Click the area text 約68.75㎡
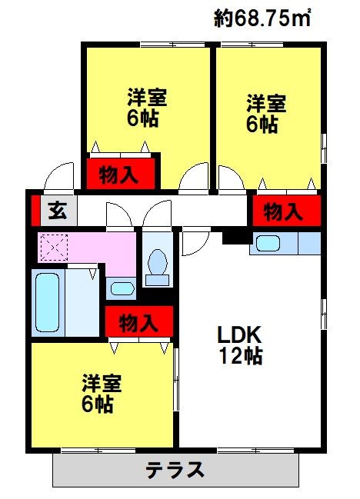(262, 17)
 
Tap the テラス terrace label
(175, 469)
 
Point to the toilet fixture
(158, 265)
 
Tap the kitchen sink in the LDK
(268, 245)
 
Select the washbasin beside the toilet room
(120, 289)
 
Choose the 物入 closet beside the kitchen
(282, 211)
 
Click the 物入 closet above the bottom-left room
(138, 322)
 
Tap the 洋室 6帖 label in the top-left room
(147, 108)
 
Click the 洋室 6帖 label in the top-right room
(265, 113)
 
